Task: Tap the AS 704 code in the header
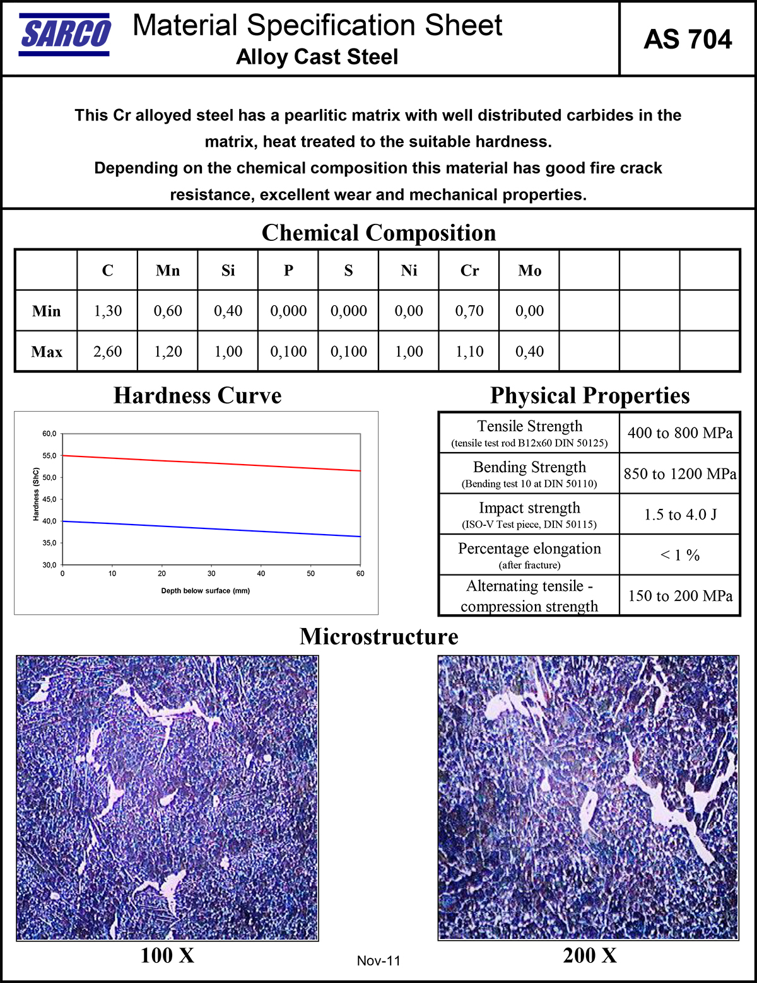tap(688, 40)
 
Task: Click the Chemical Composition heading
tap(378, 233)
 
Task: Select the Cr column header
tap(469, 270)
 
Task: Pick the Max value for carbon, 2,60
tap(108, 351)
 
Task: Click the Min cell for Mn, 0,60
tap(168, 311)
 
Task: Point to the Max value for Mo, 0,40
tap(529, 351)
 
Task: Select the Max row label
tap(47, 352)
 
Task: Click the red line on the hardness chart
tap(211, 463)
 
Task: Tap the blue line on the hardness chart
tap(211, 529)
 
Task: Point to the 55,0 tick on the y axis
tap(49, 455)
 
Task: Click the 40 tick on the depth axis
tap(261, 574)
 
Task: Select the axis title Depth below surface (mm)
tap(206, 591)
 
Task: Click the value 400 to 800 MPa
tap(680, 433)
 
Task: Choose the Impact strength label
tap(529, 508)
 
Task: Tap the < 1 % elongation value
tap(680, 555)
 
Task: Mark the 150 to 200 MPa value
tap(680, 596)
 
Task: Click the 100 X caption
tap(167, 956)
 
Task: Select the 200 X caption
tap(590, 956)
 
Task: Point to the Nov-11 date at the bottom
tap(378, 961)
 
